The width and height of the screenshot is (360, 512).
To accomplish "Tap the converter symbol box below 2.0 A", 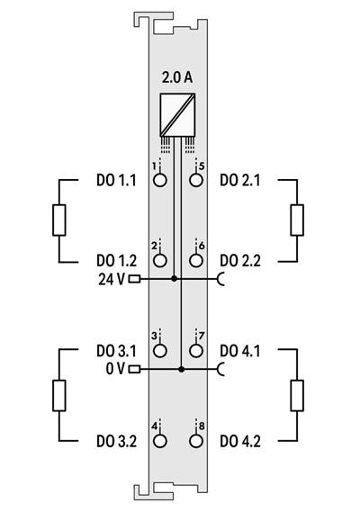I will pos(178,113).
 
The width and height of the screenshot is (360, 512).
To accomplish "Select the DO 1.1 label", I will pos(116,180).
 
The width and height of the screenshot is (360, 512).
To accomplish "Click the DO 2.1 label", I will pos(240,180).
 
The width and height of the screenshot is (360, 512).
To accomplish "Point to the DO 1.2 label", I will pos(116,261).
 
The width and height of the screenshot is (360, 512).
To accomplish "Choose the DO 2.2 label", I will pos(240,261).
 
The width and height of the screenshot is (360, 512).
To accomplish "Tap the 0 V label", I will pos(113,368).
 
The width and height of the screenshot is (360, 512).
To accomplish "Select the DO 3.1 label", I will pos(116,350).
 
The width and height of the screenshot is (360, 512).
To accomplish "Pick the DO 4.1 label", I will pos(240,350).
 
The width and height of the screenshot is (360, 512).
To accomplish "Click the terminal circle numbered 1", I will pos(160,180).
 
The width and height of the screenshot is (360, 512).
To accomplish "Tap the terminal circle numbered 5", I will pos(195,180).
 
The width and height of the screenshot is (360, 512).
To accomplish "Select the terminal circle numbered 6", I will pos(195,261).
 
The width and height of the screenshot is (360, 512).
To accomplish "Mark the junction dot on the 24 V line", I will pos(175,279).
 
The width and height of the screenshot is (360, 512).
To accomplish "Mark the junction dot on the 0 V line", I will pos(182,369).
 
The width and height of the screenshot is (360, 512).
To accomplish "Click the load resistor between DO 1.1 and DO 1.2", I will pos(60,220).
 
